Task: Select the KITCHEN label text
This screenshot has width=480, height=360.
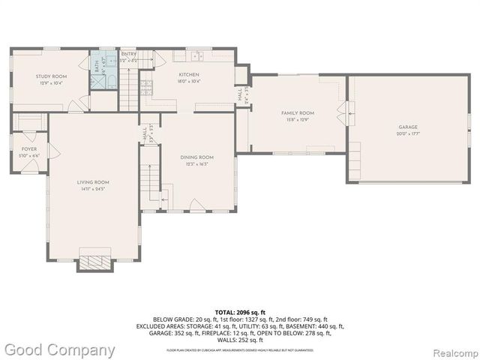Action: point(188,75)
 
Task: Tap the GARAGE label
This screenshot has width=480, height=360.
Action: point(408,127)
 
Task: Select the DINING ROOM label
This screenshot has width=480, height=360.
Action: point(197,157)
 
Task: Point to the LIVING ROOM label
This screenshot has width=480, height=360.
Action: point(93,182)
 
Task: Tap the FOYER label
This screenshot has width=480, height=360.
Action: point(29,149)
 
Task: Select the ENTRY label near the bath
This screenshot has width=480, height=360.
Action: point(129,54)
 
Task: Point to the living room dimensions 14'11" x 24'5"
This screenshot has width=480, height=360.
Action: point(93,189)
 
